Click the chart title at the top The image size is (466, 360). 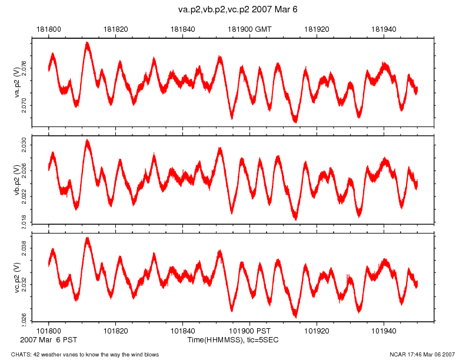(x=234, y=10)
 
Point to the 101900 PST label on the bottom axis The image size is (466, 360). (x=249, y=331)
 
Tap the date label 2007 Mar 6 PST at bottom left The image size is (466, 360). (x=48, y=340)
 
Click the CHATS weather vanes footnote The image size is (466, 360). (x=80, y=354)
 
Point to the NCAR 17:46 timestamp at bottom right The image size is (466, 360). (x=422, y=354)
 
